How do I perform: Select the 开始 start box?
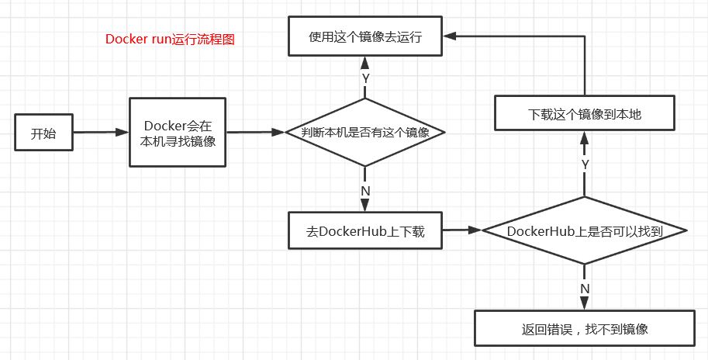[43, 133]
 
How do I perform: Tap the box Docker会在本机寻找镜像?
[178, 133]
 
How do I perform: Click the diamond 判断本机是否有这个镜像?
[364, 133]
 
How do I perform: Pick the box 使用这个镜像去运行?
[365, 36]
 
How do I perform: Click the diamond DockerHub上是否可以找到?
[585, 230]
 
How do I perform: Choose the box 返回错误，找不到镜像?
[585, 329]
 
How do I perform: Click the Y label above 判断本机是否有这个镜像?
[364, 78]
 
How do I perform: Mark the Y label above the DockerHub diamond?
[585, 164]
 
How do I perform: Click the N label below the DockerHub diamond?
[585, 288]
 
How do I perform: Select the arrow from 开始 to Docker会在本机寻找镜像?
[99, 133]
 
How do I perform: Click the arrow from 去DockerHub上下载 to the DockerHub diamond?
[462, 230]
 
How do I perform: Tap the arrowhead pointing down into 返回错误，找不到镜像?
[585, 306]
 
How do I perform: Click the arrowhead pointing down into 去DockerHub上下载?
[364, 206]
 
